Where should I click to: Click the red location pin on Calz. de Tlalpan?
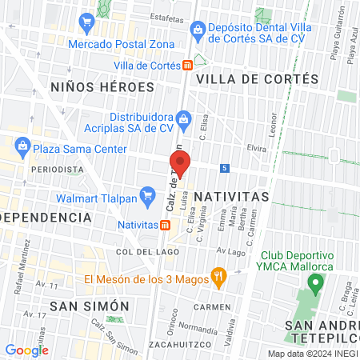click(x=180, y=163)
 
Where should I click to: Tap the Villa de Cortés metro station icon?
click(x=186, y=65)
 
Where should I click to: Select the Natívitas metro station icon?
click(x=165, y=226)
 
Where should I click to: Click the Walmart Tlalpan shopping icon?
click(x=146, y=194)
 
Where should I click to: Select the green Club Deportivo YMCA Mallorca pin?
click(x=315, y=282)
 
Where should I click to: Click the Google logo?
click(x=26, y=350)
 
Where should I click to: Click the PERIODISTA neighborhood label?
click(x=57, y=170)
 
